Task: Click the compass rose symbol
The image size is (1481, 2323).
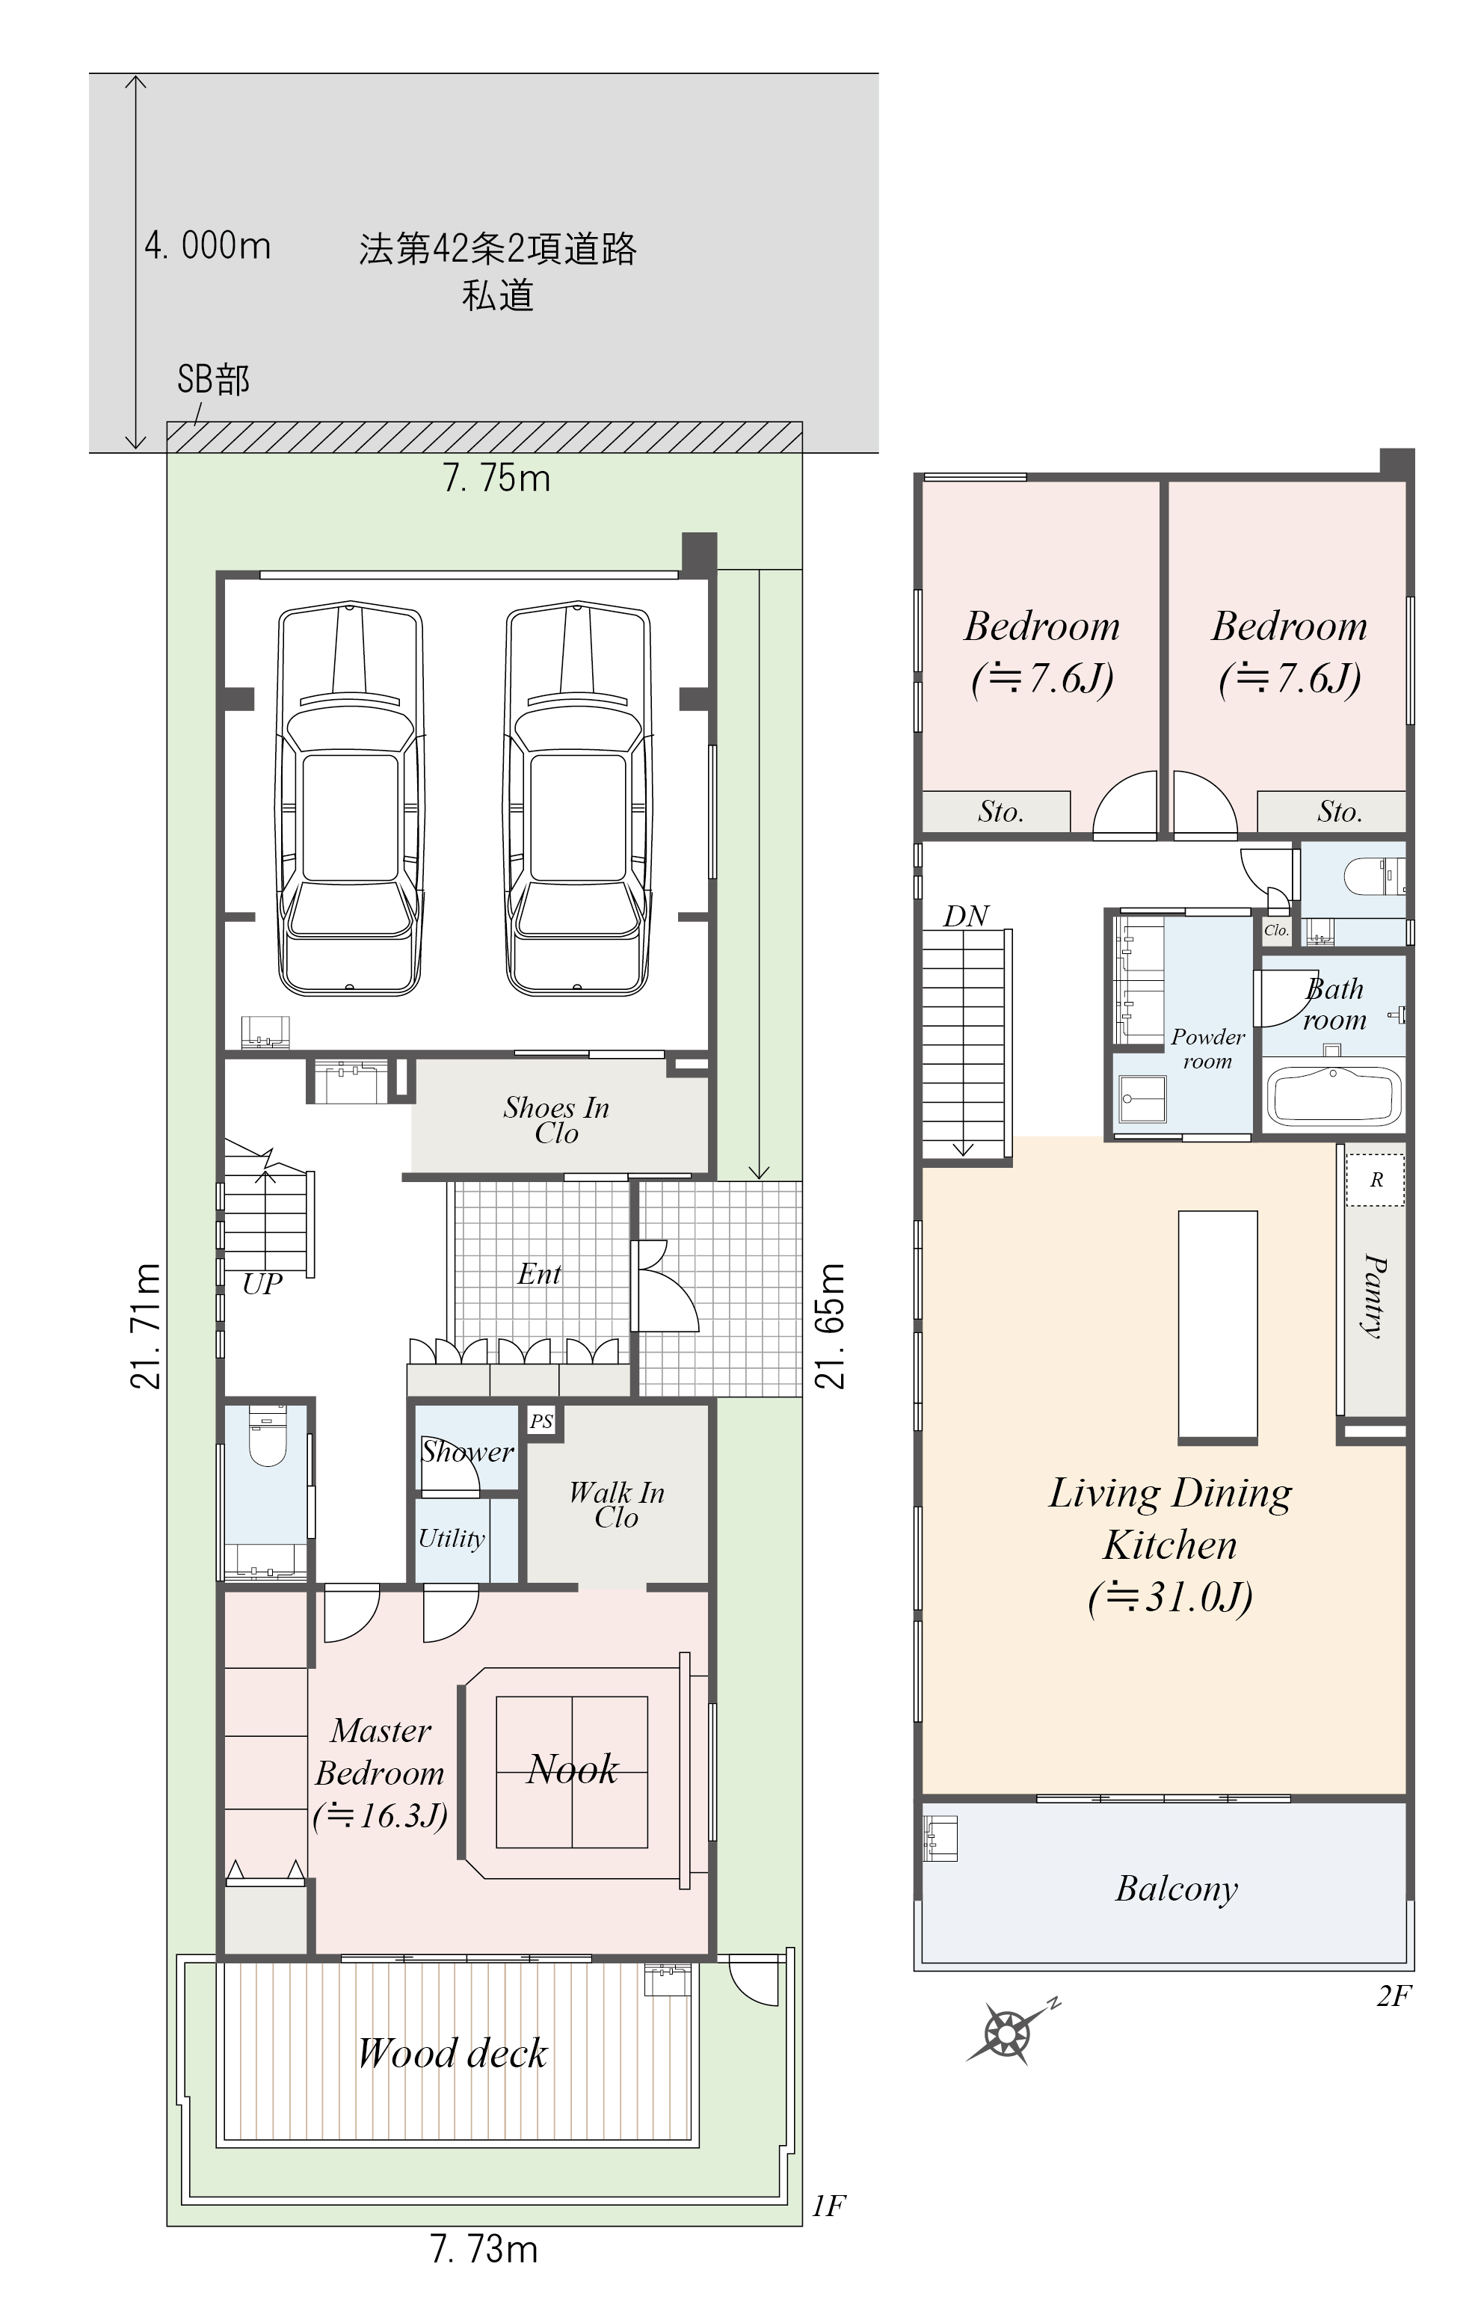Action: (1009, 2031)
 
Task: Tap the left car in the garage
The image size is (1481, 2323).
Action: (350, 799)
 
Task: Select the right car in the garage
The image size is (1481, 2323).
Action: (578, 799)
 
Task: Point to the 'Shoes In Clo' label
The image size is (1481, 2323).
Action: (557, 1120)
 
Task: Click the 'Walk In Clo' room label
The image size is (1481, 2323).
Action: (617, 1505)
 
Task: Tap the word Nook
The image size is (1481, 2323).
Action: (572, 1769)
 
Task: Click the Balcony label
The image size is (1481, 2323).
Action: (1177, 1889)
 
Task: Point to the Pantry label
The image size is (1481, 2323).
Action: (1375, 1296)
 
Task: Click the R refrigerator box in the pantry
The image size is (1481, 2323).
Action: (1376, 1180)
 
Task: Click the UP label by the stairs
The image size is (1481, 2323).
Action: (262, 1284)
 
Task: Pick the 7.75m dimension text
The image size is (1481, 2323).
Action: (497, 479)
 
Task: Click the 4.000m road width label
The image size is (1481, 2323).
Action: (207, 245)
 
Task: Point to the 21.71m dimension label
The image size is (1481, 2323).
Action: (145, 1326)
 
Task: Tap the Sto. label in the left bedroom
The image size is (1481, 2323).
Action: (1000, 812)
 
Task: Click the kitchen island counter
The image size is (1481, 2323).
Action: (1218, 1327)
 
